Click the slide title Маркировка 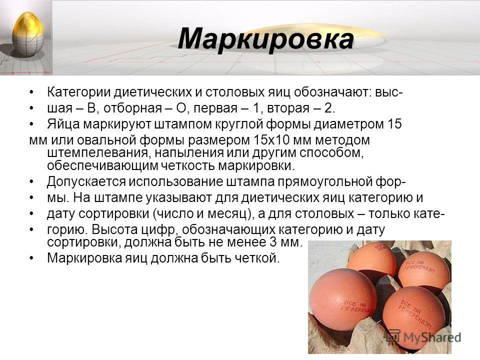point(265,39)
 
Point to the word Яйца point(63,124)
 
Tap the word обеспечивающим point(102,165)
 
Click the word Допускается point(86,182)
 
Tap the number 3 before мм point(273,242)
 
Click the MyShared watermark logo point(423,337)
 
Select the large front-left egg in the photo point(342,299)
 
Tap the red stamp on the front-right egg point(415,312)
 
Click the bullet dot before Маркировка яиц point(31,258)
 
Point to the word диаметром point(349,124)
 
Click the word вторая point(284,108)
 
